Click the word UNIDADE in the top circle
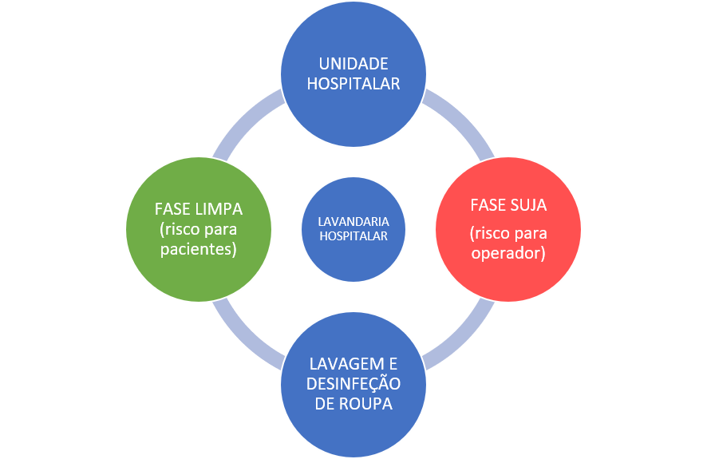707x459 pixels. click(x=353, y=64)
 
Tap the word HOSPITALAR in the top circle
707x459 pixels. click(x=353, y=82)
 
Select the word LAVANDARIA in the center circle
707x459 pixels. click(x=353, y=221)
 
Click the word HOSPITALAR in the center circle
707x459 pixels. click(x=353, y=235)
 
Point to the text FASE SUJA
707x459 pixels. click(x=508, y=205)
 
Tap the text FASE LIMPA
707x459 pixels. click(x=198, y=209)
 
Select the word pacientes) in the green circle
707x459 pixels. click(x=198, y=249)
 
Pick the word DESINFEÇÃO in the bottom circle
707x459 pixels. click(x=353, y=384)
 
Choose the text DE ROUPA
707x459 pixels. click(x=353, y=404)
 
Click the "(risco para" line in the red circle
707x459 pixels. click(x=508, y=234)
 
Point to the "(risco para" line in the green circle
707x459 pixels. click(x=198, y=229)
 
